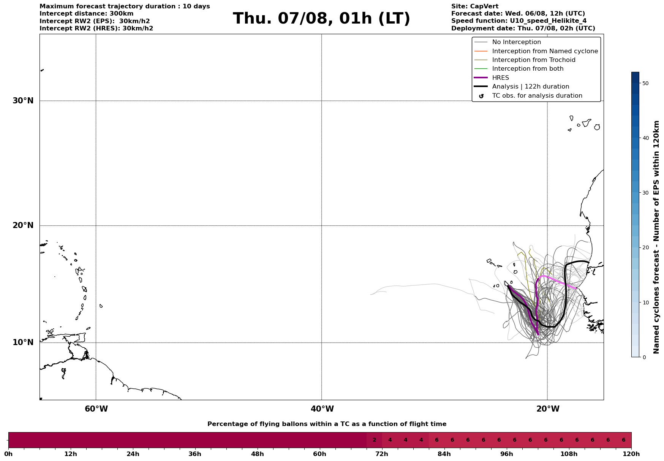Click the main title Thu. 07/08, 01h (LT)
point(321,19)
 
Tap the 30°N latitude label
point(23,101)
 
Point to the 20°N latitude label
point(23,225)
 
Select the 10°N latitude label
point(23,342)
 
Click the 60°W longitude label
point(96,409)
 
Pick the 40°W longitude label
point(322,409)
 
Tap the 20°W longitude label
point(548,409)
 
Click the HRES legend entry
point(500,78)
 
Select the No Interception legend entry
point(516,42)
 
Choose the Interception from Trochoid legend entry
point(533,60)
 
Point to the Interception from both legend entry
point(528,69)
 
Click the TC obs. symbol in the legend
point(481,96)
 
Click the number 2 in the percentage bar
point(374,440)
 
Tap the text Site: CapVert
point(475,6)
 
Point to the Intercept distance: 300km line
point(87,14)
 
